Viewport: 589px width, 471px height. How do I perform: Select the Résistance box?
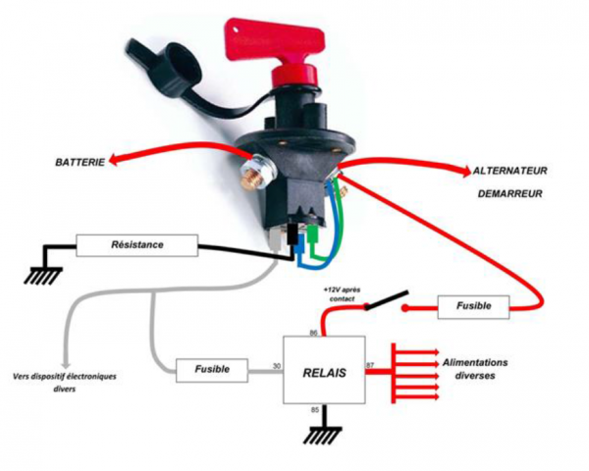click(x=137, y=244)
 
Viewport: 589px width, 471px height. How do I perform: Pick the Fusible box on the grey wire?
click(x=213, y=369)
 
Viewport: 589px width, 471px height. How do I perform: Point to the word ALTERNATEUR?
click(x=509, y=170)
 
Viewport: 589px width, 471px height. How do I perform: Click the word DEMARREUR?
click(x=510, y=193)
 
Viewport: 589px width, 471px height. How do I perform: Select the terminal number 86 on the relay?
click(x=314, y=334)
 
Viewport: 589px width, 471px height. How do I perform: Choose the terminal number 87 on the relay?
click(x=370, y=366)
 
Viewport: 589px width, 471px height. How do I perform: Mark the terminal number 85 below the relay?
click(x=314, y=408)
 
